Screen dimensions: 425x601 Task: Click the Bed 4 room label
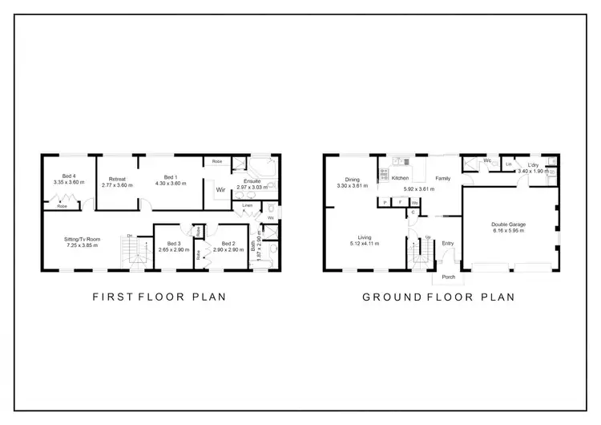click(x=70, y=176)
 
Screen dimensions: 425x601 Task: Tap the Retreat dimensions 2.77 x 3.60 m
click(x=117, y=185)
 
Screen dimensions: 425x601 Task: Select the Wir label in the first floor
click(x=220, y=189)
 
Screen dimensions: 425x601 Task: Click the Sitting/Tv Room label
click(x=83, y=239)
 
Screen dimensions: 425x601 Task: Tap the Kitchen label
click(x=400, y=178)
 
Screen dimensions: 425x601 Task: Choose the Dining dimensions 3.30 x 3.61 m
click(x=353, y=186)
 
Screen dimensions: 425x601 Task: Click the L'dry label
click(x=533, y=166)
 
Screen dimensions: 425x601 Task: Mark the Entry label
click(x=447, y=244)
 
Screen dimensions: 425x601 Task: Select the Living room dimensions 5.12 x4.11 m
click(x=369, y=244)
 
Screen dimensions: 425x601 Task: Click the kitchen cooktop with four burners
click(x=384, y=172)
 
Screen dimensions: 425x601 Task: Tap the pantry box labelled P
click(x=385, y=203)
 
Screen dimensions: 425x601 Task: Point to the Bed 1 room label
click(x=169, y=176)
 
